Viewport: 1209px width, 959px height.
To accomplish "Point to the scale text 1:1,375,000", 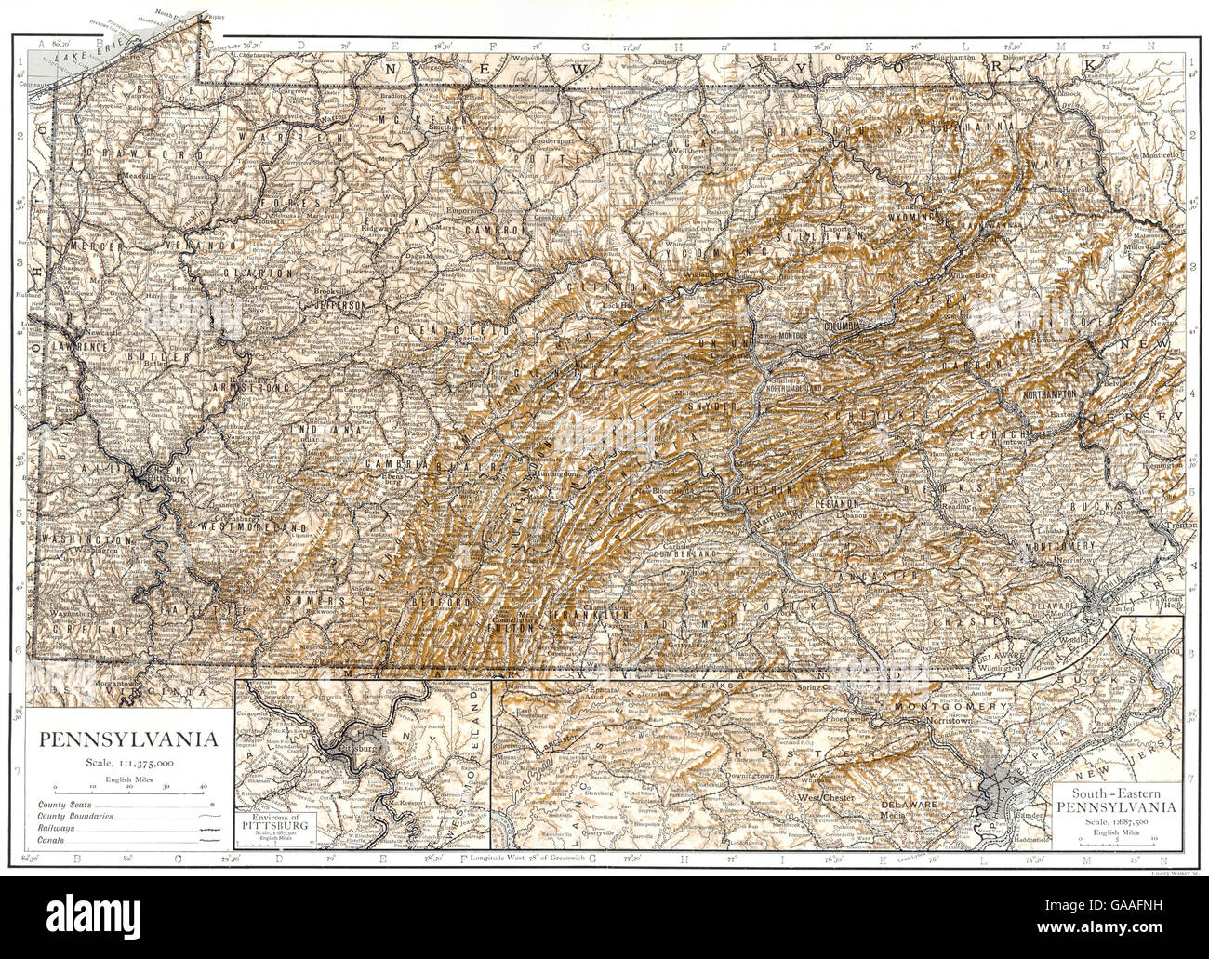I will coord(128,762).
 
